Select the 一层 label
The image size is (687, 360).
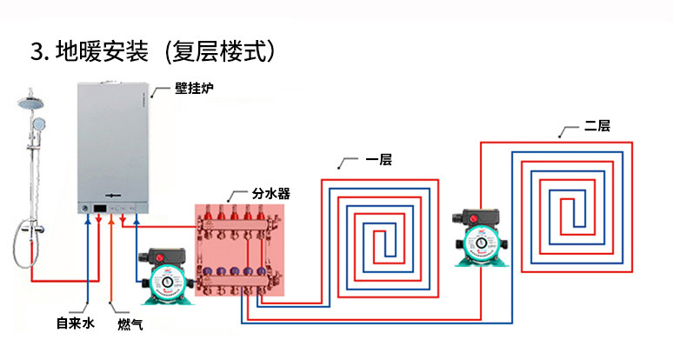(x=379, y=160)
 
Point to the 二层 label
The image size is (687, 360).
(x=597, y=126)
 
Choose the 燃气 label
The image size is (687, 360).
(x=130, y=324)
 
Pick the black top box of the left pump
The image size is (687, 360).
(x=162, y=257)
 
